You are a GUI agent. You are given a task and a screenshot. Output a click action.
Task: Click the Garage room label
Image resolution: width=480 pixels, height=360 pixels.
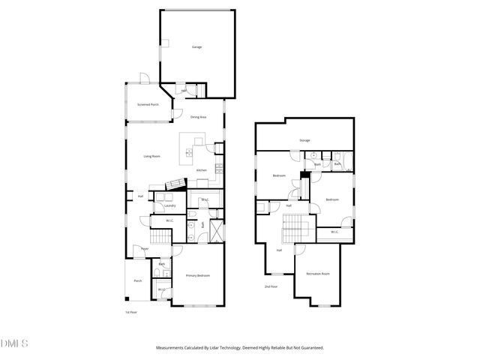pos(197,47)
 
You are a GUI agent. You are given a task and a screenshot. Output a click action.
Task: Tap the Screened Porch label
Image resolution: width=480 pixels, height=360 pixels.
pos(147,105)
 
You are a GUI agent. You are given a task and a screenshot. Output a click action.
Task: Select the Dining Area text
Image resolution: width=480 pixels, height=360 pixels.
pos(198,117)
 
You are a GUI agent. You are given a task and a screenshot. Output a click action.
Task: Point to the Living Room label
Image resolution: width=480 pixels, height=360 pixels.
pos(152,156)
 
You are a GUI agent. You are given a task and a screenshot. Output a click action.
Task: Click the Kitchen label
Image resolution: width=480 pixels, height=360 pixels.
pos(201,170)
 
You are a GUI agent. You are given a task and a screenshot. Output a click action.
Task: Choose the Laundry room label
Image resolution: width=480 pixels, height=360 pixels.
pos(169,205)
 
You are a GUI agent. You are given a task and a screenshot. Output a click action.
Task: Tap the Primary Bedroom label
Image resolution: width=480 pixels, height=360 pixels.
pos(198,276)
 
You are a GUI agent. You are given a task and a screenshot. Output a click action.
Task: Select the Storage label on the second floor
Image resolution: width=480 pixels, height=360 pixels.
pos(304,140)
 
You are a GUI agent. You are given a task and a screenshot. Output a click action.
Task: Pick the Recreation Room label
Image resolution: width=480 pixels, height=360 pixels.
pos(318,274)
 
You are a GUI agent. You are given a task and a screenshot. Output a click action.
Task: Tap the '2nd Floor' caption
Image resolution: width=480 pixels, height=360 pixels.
pos(270,287)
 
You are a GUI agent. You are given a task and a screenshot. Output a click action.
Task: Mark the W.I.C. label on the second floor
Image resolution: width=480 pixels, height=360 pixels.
pos(334,232)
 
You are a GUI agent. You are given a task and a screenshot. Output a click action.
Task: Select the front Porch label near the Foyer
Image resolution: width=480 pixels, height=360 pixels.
pos(138,281)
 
